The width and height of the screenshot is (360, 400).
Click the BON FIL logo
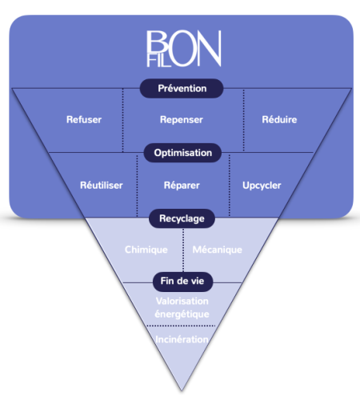pos(184,49)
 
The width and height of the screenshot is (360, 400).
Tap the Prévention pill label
pos(182,88)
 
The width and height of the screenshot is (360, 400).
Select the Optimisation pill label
pos(182,153)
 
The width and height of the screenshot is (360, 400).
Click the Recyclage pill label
pos(182,218)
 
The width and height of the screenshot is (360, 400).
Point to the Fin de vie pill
pos(182,282)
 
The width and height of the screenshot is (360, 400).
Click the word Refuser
pos(84,119)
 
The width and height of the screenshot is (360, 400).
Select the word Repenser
pos(182,120)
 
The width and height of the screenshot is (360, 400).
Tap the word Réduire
pos(279,119)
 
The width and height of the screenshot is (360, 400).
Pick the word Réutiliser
pos(102,185)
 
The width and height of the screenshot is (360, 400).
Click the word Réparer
pos(182,186)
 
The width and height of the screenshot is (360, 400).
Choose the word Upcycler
pos(262,186)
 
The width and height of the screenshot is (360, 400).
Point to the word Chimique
pos(146,250)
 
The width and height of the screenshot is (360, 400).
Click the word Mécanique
pos(218,250)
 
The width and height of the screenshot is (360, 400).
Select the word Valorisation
pos(182,301)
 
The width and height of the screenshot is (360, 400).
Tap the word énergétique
pos(182,314)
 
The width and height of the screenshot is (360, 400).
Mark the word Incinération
pos(182,339)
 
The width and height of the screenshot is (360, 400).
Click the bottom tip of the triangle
pos(182,391)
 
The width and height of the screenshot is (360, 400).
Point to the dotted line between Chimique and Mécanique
pos(183,250)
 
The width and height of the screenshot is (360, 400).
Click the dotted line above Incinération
pos(181,326)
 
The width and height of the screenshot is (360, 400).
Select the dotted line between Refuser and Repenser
pos(123,120)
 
